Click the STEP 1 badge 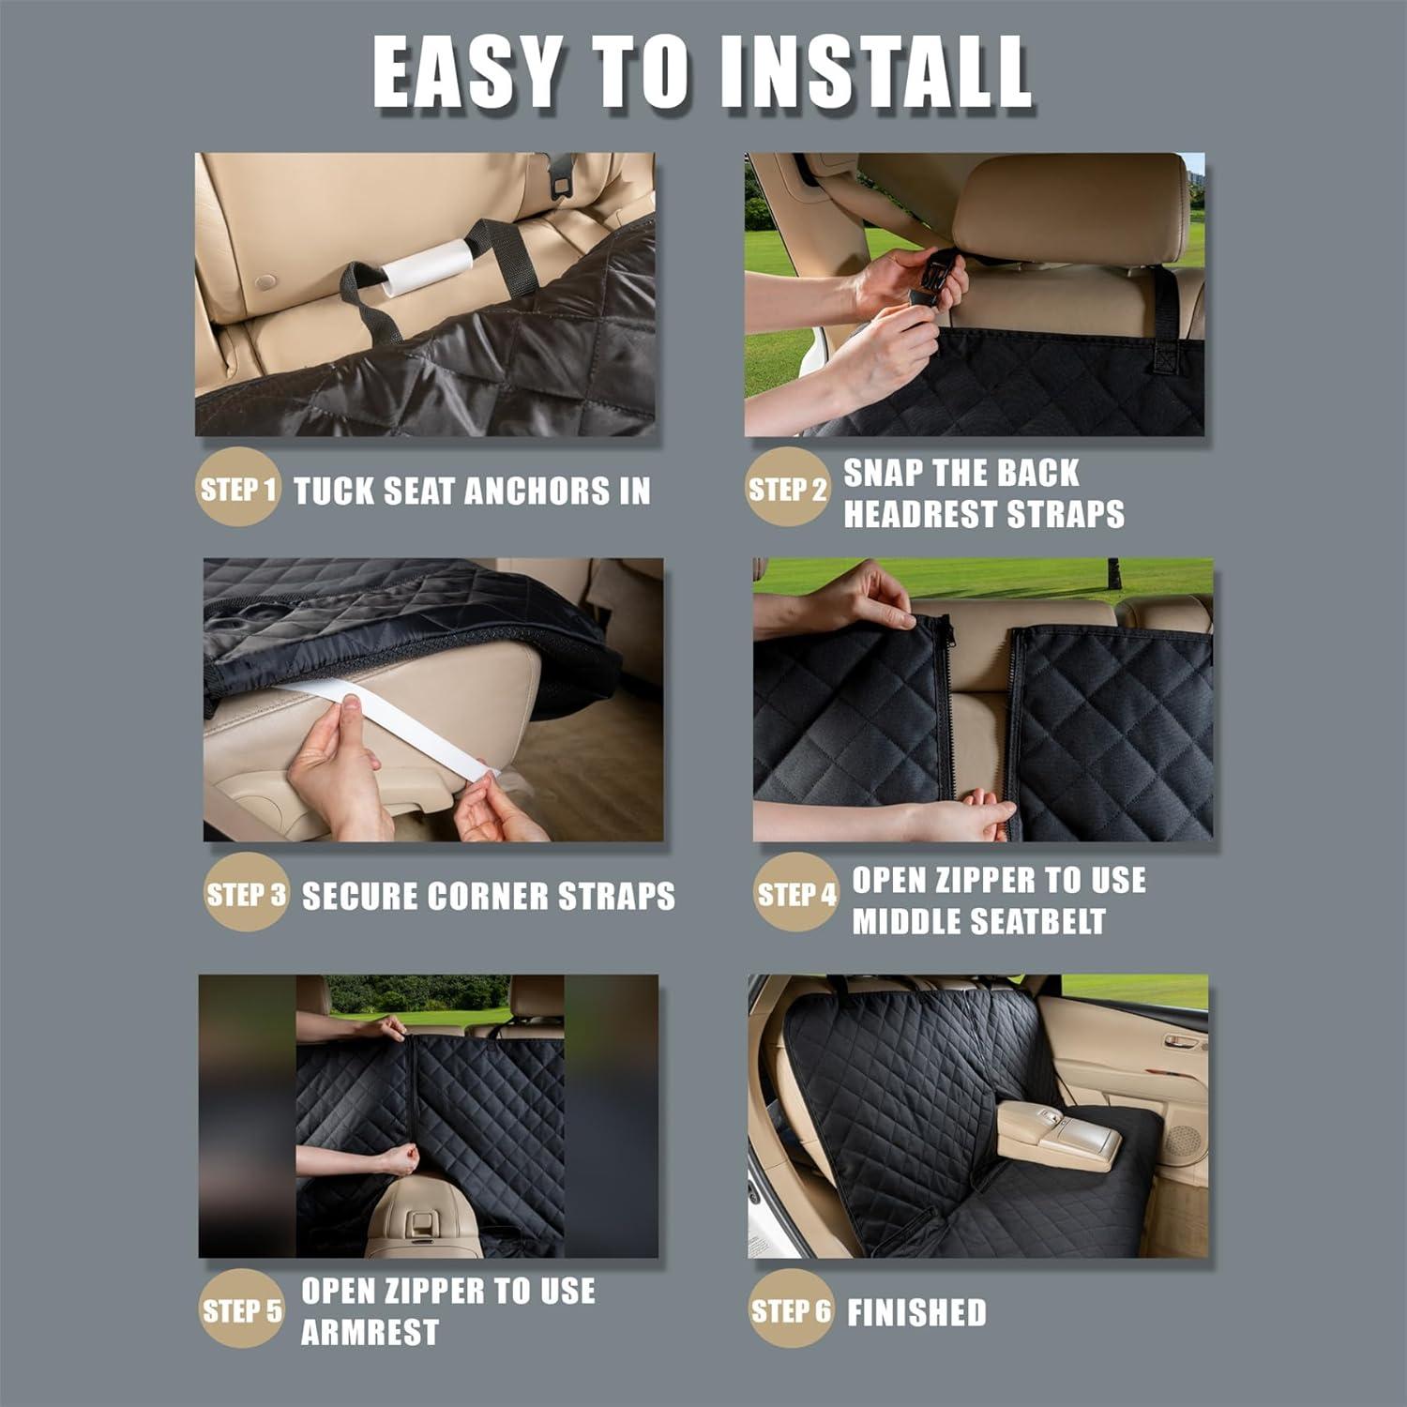(x=238, y=489)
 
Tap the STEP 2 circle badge (x=787, y=489)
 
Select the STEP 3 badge (x=246, y=894)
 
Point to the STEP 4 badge (x=795, y=894)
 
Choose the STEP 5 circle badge (x=241, y=1309)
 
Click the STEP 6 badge (x=791, y=1309)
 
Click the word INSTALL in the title (x=877, y=72)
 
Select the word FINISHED (x=916, y=1312)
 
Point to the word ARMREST (x=370, y=1332)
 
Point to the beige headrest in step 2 (x=1068, y=207)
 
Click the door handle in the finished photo (x=1184, y=1041)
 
